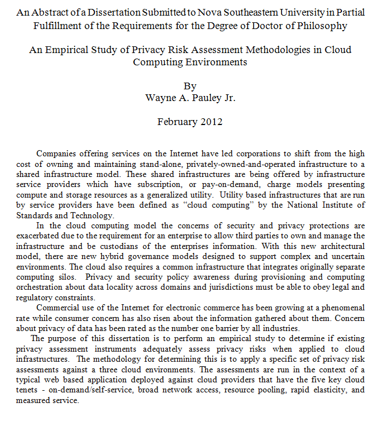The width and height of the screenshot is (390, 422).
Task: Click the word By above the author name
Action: point(190,86)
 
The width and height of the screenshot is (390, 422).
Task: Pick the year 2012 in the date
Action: point(212,121)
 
